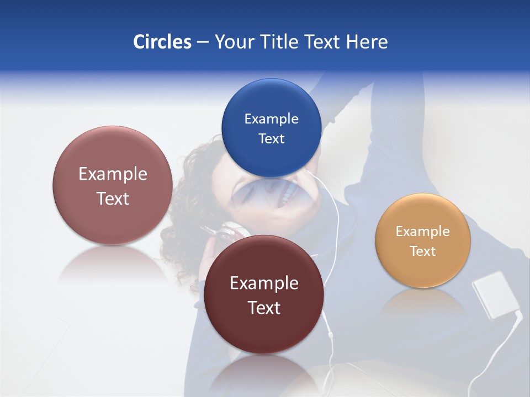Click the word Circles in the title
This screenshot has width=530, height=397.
[x=162, y=42]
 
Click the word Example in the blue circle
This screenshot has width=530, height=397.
[x=271, y=119]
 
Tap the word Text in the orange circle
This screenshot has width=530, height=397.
[x=422, y=251]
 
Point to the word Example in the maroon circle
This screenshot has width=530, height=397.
[x=264, y=283]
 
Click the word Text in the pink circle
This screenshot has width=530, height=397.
[x=113, y=198]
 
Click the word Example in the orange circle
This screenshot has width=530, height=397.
[x=422, y=232]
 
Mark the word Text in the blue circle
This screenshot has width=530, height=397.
[x=271, y=139]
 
